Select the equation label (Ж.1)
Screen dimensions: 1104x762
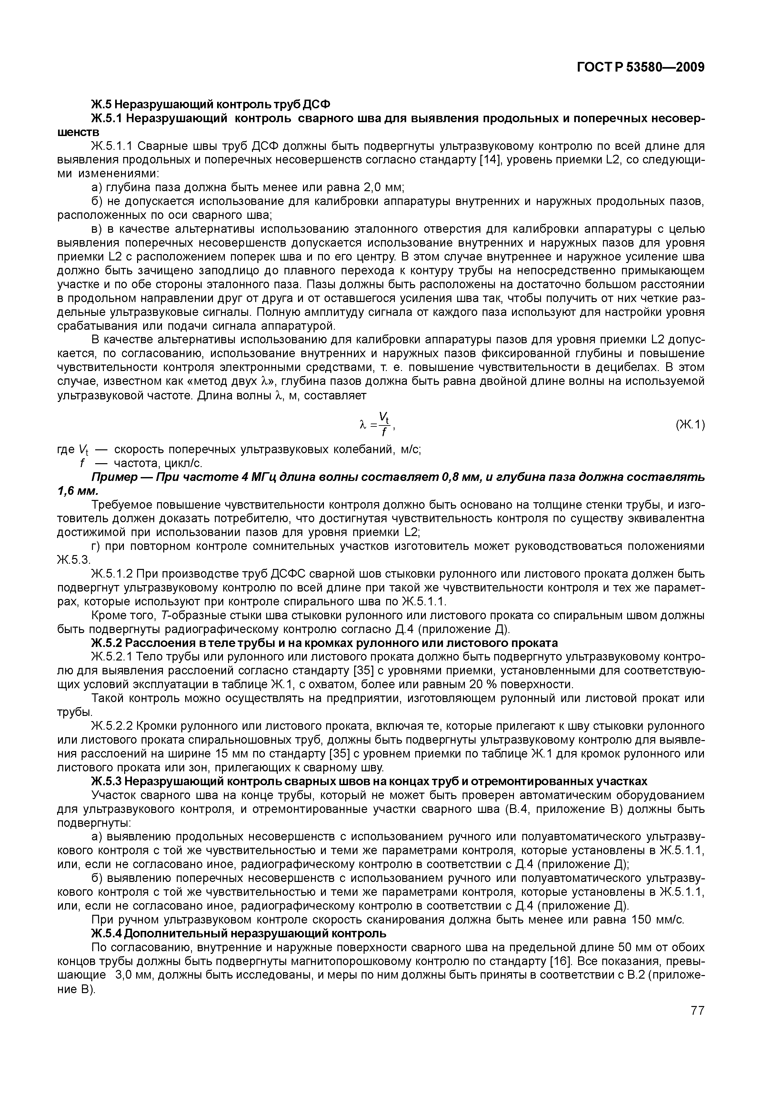point(690,425)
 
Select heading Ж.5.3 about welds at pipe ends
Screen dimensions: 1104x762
point(369,781)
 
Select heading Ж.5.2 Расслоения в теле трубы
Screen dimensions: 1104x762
point(324,643)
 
